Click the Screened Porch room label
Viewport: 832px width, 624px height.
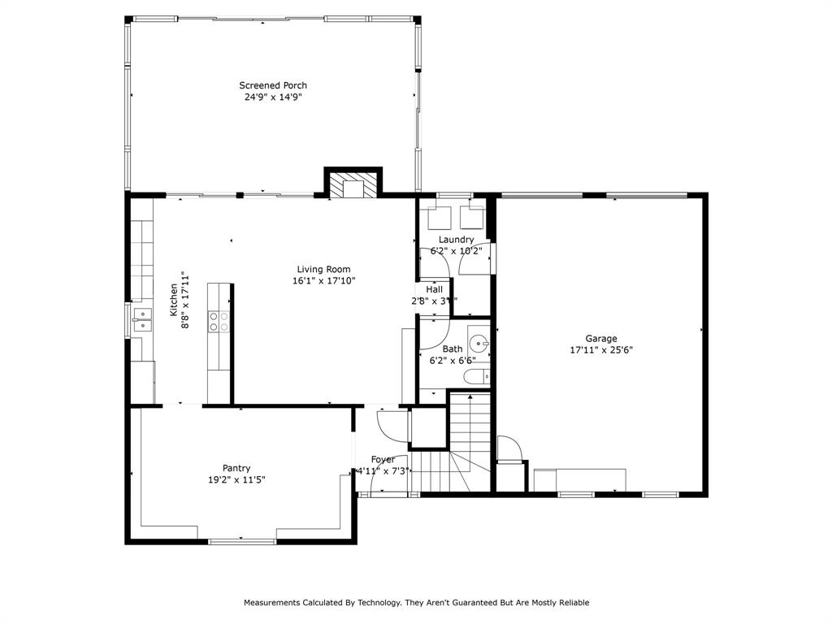(x=273, y=85)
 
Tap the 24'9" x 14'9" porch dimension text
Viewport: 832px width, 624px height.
(x=273, y=97)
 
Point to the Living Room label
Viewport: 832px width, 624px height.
(x=323, y=269)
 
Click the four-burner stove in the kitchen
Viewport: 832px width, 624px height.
(x=219, y=321)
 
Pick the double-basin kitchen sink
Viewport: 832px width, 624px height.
(x=142, y=320)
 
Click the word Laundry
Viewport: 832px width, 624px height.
(x=456, y=240)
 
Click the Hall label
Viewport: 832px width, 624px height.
(x=435, y=289)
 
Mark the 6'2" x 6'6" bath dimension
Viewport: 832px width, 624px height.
(x=453, y=361)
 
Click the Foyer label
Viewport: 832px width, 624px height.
(x=383, y=459)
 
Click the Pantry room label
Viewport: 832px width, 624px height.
(x=236, y=468)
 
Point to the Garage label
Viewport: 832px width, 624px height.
(x=601, y=339)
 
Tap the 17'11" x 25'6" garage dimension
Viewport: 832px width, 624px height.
(x=601, y=350)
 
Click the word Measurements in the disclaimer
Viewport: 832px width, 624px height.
(x=272, y=603)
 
